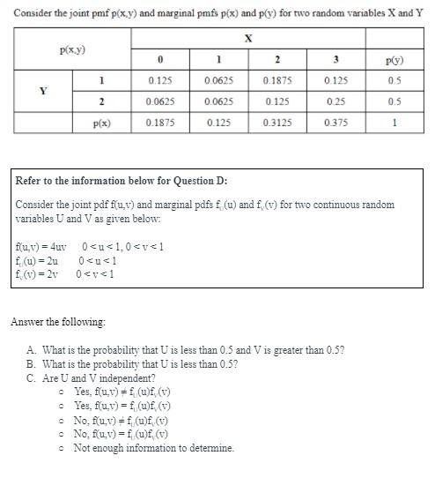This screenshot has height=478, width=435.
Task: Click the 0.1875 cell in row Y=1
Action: pos(276,81)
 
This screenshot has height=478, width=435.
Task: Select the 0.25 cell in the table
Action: pos(334,101)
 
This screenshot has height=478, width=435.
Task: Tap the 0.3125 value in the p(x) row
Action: pos(276,123)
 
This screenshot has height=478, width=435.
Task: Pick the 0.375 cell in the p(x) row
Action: pos(334,123)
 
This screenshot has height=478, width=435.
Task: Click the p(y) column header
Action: pos(394,61)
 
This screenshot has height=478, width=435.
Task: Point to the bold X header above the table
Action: pos(248,38)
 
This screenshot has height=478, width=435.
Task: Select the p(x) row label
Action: pos(102,123)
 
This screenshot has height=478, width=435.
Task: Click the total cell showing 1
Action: pos(394,123)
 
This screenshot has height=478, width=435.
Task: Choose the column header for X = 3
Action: pos(334,61)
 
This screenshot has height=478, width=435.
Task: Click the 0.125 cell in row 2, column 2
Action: pos(276,101)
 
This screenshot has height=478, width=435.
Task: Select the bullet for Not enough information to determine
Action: pos(61,448)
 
